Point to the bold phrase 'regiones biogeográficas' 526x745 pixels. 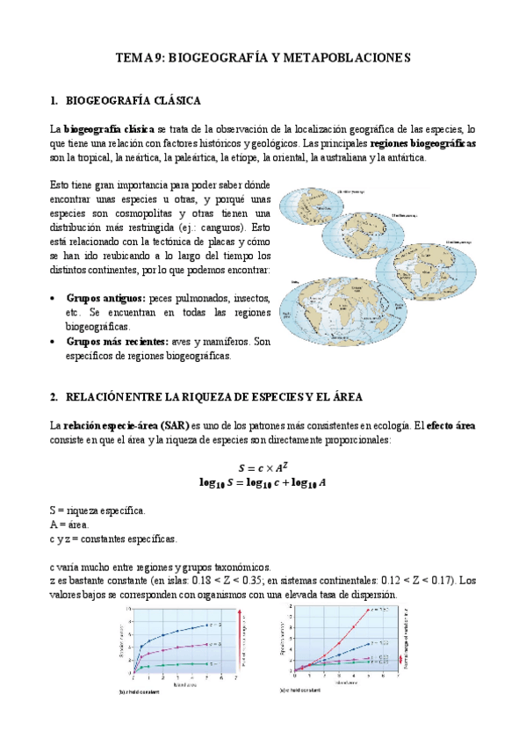tap(423, 143)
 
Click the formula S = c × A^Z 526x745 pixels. tap(263, 466)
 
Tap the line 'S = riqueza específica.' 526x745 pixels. tap(97, 510)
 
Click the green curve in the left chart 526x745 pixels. tap(176, 665)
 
